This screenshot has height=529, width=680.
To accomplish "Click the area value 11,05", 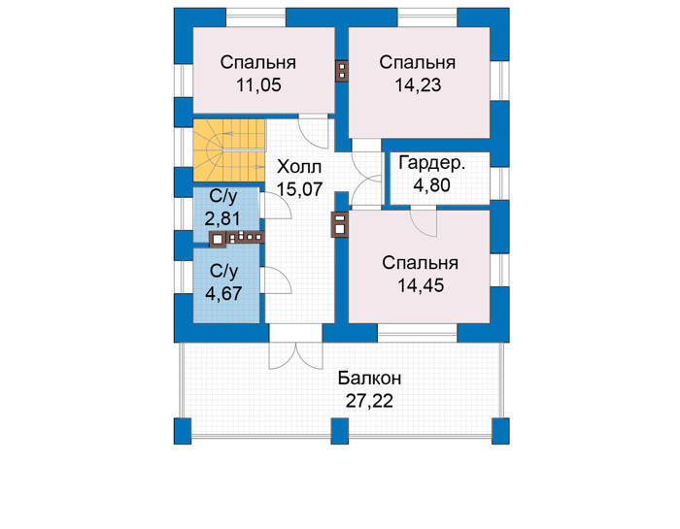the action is (258, 85).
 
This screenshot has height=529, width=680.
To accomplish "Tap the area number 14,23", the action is (418, 85).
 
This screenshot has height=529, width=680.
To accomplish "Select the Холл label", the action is (299, 167).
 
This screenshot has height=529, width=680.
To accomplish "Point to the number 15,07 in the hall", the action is (300, 189).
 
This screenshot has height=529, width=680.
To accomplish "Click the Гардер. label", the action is (432, 163).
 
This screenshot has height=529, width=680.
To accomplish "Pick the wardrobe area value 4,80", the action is (431, 185).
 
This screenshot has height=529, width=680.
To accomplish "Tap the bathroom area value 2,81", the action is (222, 218).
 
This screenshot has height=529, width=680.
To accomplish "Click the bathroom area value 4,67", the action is (223, 294).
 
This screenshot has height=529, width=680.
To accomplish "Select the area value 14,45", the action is (421, 285).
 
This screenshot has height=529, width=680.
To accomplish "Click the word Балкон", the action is (370, 379).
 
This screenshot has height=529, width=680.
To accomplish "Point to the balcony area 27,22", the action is (369, 401).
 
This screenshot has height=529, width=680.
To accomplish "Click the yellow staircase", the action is (228, 149).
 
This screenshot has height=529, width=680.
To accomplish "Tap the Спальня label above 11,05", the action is (258, 62).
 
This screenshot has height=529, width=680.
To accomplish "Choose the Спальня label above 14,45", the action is (421, 263).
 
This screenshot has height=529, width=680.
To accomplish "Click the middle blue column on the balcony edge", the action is (340, 431).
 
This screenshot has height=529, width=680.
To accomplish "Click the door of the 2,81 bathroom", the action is (276, 206).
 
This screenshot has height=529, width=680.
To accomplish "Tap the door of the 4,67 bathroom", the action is (276, 281).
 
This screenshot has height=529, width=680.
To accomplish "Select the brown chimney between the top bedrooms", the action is (342, 71).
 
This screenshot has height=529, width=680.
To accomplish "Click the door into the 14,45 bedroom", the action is (424, 222).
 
